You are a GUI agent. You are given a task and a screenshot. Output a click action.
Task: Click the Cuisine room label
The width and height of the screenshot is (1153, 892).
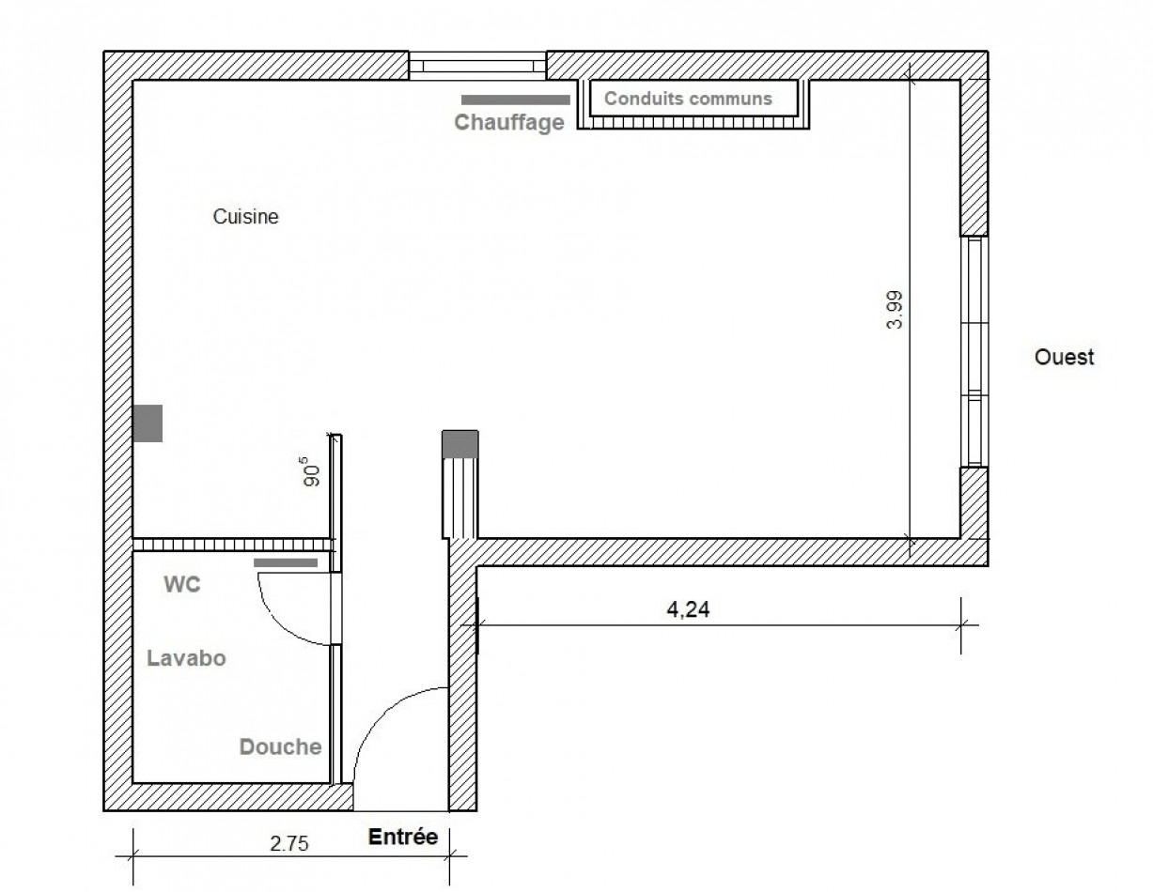[245, 217]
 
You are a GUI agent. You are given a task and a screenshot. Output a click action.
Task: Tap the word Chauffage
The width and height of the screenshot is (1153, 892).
[509, 122]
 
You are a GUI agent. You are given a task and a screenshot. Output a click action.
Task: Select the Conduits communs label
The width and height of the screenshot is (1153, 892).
[687, 98]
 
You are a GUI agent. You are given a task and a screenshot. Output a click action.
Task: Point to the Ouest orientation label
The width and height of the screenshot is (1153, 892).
[1064, 357]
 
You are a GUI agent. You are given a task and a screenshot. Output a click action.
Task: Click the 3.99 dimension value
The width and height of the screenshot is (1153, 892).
[895, 309]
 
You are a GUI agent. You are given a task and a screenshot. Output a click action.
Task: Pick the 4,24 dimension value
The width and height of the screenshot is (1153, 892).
[688, 609]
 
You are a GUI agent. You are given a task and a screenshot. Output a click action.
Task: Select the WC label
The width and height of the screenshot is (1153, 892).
[182, 584]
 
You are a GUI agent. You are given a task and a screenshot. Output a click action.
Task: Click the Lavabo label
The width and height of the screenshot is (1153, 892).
[186, 658]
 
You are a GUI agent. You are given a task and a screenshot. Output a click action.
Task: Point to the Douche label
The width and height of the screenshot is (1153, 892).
[280, 747]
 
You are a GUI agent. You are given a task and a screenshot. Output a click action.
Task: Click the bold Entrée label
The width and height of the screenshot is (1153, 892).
[402, 837]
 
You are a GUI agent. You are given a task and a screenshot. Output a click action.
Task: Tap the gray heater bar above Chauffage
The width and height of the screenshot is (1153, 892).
[516, 99]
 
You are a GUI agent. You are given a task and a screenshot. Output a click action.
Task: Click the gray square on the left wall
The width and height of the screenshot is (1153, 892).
[148, 423]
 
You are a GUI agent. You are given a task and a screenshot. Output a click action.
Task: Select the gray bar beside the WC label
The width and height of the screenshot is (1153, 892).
[287, 562]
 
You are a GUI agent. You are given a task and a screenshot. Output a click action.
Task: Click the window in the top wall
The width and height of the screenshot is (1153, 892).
[477, 66]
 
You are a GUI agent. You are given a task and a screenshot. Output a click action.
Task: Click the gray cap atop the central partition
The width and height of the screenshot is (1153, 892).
[460, 442]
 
